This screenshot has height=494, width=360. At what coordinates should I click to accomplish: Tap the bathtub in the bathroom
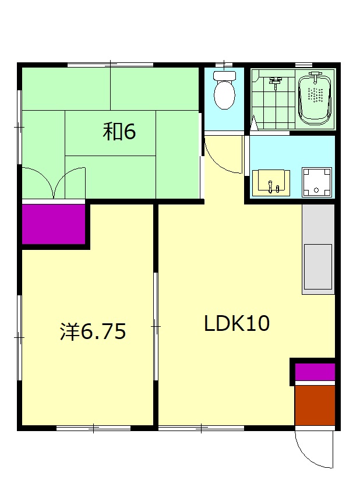(315, 99)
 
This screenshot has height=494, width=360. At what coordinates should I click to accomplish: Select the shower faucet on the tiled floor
(275, 83)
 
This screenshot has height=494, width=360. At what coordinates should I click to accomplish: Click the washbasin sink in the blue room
(271, 183)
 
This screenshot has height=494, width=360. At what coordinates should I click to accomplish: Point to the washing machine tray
(317, 182)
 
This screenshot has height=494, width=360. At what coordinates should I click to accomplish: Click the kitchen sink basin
(317, 267)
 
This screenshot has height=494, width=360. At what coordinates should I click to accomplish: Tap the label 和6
(119, 132)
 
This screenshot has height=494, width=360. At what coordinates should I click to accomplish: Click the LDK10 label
(237, 323)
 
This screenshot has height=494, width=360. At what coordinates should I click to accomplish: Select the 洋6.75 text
(93, 331)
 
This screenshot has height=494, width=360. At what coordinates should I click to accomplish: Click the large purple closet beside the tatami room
(54, 224)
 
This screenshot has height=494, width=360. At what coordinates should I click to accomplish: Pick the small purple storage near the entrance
(315, 372)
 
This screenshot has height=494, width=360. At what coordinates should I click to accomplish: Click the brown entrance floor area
(315, 405)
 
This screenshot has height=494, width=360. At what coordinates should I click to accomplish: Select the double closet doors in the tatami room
(54, 184)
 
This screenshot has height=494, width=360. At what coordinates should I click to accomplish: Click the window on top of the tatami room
(110, 65)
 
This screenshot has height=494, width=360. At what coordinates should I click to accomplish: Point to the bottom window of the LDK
(201, 428)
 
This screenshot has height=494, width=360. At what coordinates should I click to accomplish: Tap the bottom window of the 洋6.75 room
(94, 428)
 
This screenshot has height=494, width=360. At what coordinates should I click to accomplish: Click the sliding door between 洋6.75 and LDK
(156, 327)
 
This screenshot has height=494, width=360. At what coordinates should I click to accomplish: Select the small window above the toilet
(224, 65)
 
